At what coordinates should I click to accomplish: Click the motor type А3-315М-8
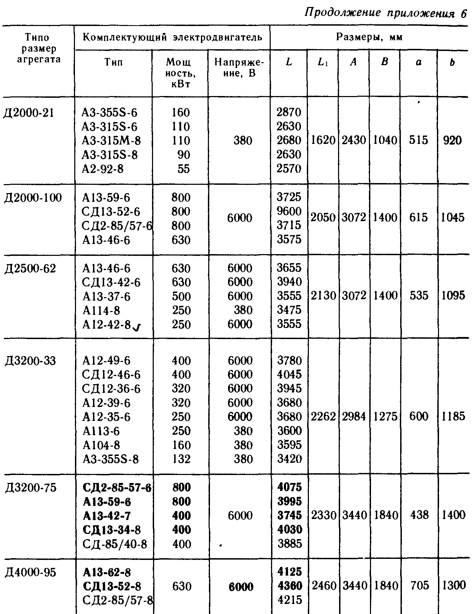111,140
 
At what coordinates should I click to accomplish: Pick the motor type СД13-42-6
111,283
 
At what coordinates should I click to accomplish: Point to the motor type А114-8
101,310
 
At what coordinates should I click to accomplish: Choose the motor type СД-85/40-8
115,544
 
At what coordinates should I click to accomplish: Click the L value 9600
289,211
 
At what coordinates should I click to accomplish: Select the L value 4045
289,375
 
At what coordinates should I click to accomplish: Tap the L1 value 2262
323,416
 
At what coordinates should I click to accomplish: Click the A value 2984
354,416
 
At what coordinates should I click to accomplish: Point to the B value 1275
385,416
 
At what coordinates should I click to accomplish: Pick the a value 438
419,515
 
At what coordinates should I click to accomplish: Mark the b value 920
452,140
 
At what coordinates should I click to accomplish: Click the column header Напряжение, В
239,68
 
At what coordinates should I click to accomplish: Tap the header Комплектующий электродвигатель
172,37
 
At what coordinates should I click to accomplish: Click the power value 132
181,459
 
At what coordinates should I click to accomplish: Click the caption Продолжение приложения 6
385,13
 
